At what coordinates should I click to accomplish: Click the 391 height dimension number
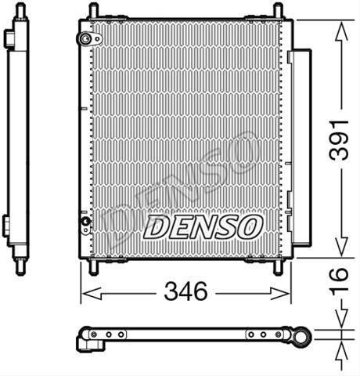(339, 139)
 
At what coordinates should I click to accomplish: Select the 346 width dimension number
(185, 291)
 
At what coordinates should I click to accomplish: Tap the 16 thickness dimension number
(339, 279)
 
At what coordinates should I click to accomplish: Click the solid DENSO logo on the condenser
(203, 226)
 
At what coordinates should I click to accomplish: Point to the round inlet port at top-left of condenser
(85, 39)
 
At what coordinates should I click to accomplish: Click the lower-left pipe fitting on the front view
(85, 224)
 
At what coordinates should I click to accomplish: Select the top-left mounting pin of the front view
(94, 11)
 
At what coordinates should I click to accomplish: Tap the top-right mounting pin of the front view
(278, 11)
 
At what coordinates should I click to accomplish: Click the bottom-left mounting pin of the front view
(94, 267)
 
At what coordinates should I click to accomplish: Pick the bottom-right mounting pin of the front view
(278, 267)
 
